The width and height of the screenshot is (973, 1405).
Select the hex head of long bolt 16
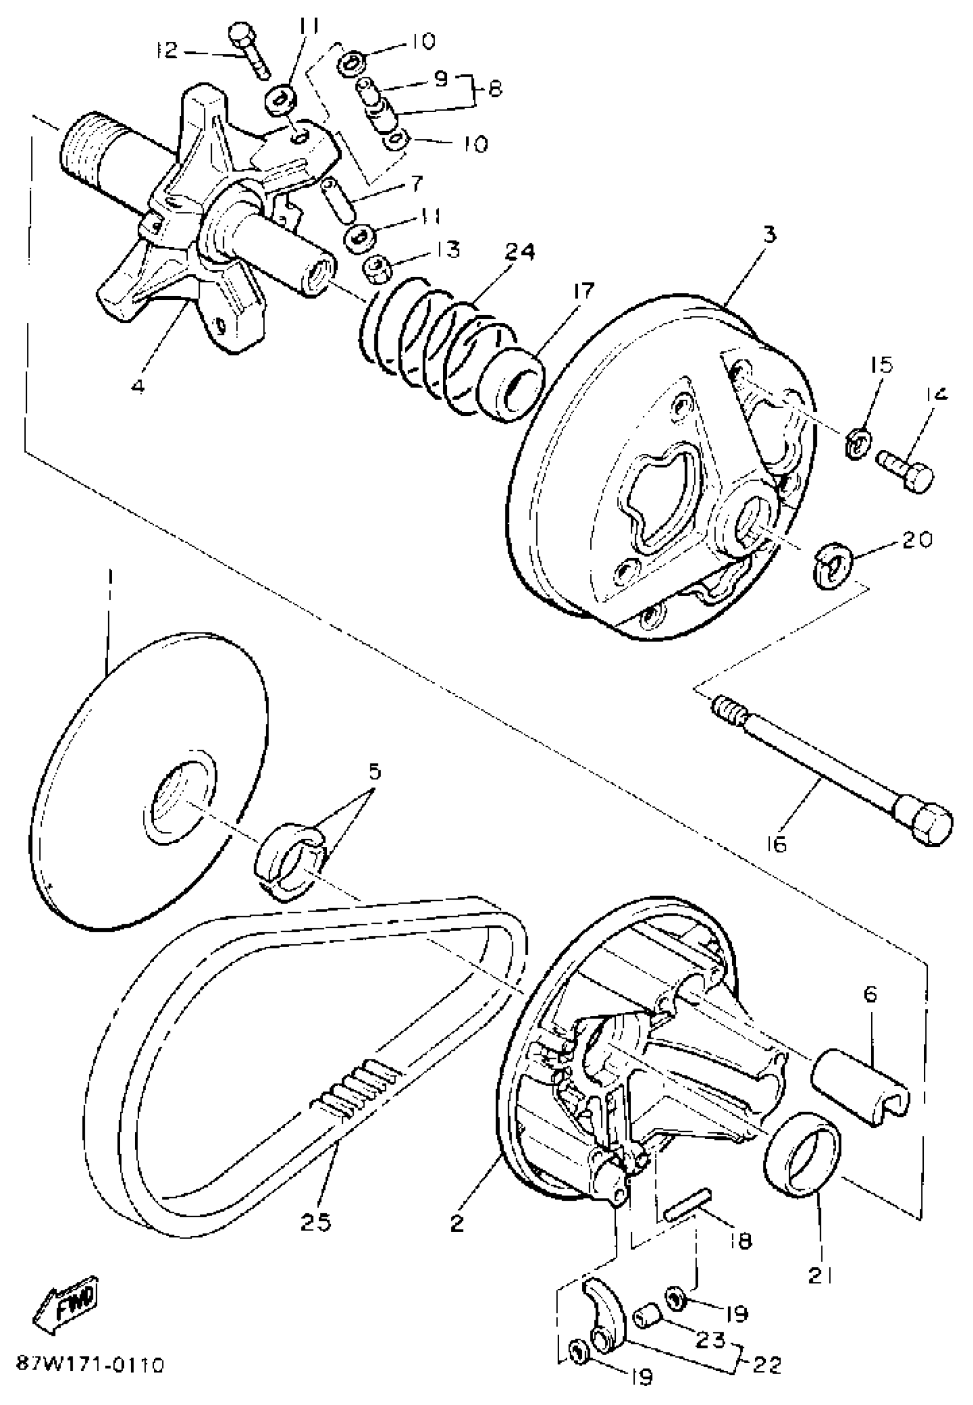coord(924,821)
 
